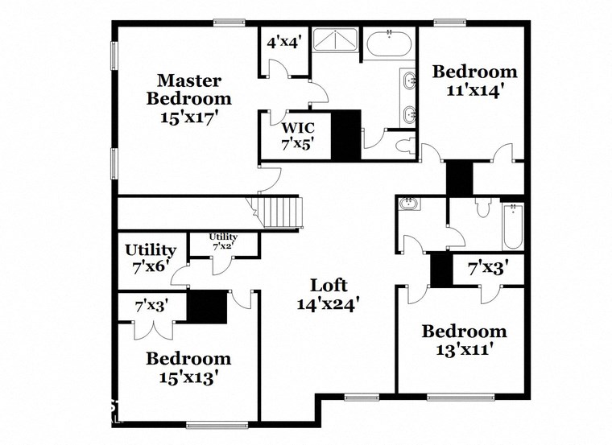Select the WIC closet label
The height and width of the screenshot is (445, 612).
click(297, 127)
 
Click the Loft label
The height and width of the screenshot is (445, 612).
click(329, 285)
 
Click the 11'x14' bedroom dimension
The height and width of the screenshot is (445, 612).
click(475, 90)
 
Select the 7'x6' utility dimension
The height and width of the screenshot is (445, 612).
click(151, 266)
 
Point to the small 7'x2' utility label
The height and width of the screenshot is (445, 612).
click(223, 241)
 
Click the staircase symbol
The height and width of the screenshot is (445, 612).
click(282, 212)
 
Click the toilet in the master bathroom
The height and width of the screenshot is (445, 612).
click(407, 146)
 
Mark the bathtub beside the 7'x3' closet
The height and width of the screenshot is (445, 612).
click(513, 227)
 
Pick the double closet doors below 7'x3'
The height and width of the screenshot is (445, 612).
click(152, 330)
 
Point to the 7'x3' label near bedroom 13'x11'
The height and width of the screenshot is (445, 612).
click(488, 268)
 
